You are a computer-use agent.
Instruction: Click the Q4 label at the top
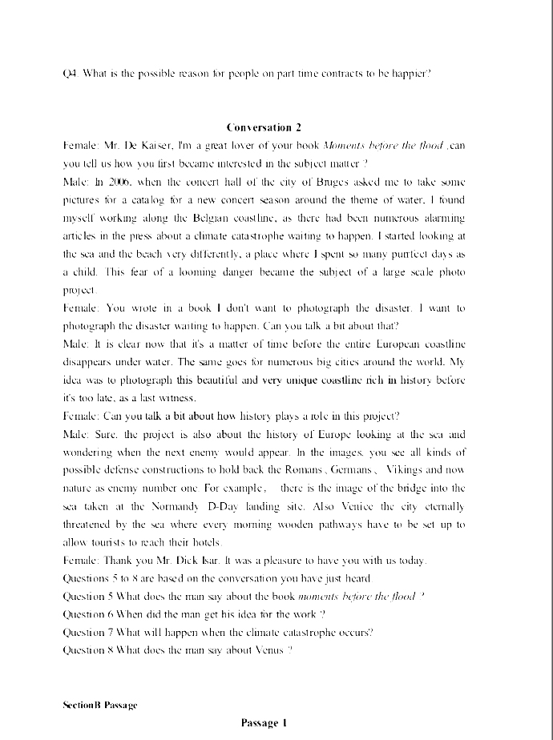pyautogui.click(x=70, y=73)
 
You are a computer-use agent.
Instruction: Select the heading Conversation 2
pyautogui.click(x=264, y=127)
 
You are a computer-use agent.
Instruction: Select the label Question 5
pyautogui.click(x=86, y=596)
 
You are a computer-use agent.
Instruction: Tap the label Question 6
pyautogui.click(x=86, y=613)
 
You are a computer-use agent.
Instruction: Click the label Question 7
pyautogui.click(x=86, y=632)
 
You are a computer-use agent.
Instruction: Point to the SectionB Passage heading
pyautogui.click(x=100, y=705)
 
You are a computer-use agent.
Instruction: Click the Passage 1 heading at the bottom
pyautogui.click(x=264, y=723)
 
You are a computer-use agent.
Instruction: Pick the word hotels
pyautogui.click(x=202, y=542)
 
